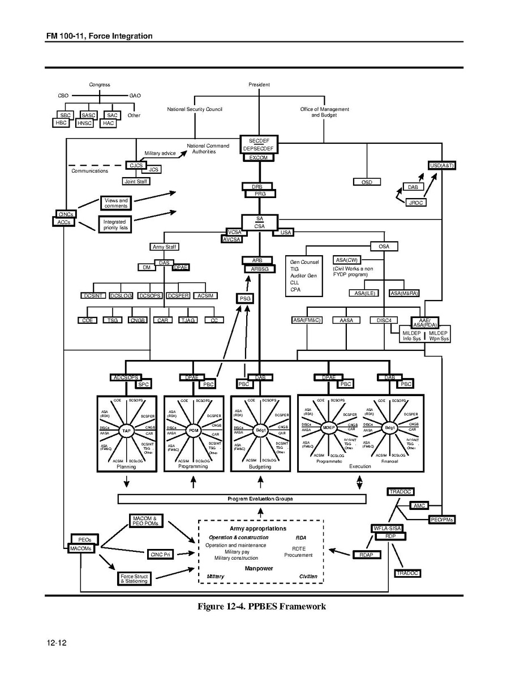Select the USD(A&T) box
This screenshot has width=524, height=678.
[x=442, y=165]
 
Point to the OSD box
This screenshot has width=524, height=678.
[x=366, y=182]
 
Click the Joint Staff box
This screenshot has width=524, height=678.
[x=136, y=181]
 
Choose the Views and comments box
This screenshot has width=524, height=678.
[x=115, y=203]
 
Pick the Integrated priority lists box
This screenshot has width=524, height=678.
[x=115, y=225]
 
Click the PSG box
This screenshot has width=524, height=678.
[x=245, y=298]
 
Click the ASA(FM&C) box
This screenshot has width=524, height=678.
[x=307, y=320]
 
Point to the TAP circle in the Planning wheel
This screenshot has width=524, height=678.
[x=127, y=431]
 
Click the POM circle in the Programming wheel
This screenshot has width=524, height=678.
[x=194, y=431]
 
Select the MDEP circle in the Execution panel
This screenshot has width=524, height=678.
[x=329, y=427]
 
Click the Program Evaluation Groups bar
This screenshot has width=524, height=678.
[x=242, y=499]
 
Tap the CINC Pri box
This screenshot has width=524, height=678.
[x=160, y=554]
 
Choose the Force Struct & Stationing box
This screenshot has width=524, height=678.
[x=134, y=578]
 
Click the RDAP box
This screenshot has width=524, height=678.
[x=366, y=555]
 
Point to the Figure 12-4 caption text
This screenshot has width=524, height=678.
[x=261, y=607]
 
